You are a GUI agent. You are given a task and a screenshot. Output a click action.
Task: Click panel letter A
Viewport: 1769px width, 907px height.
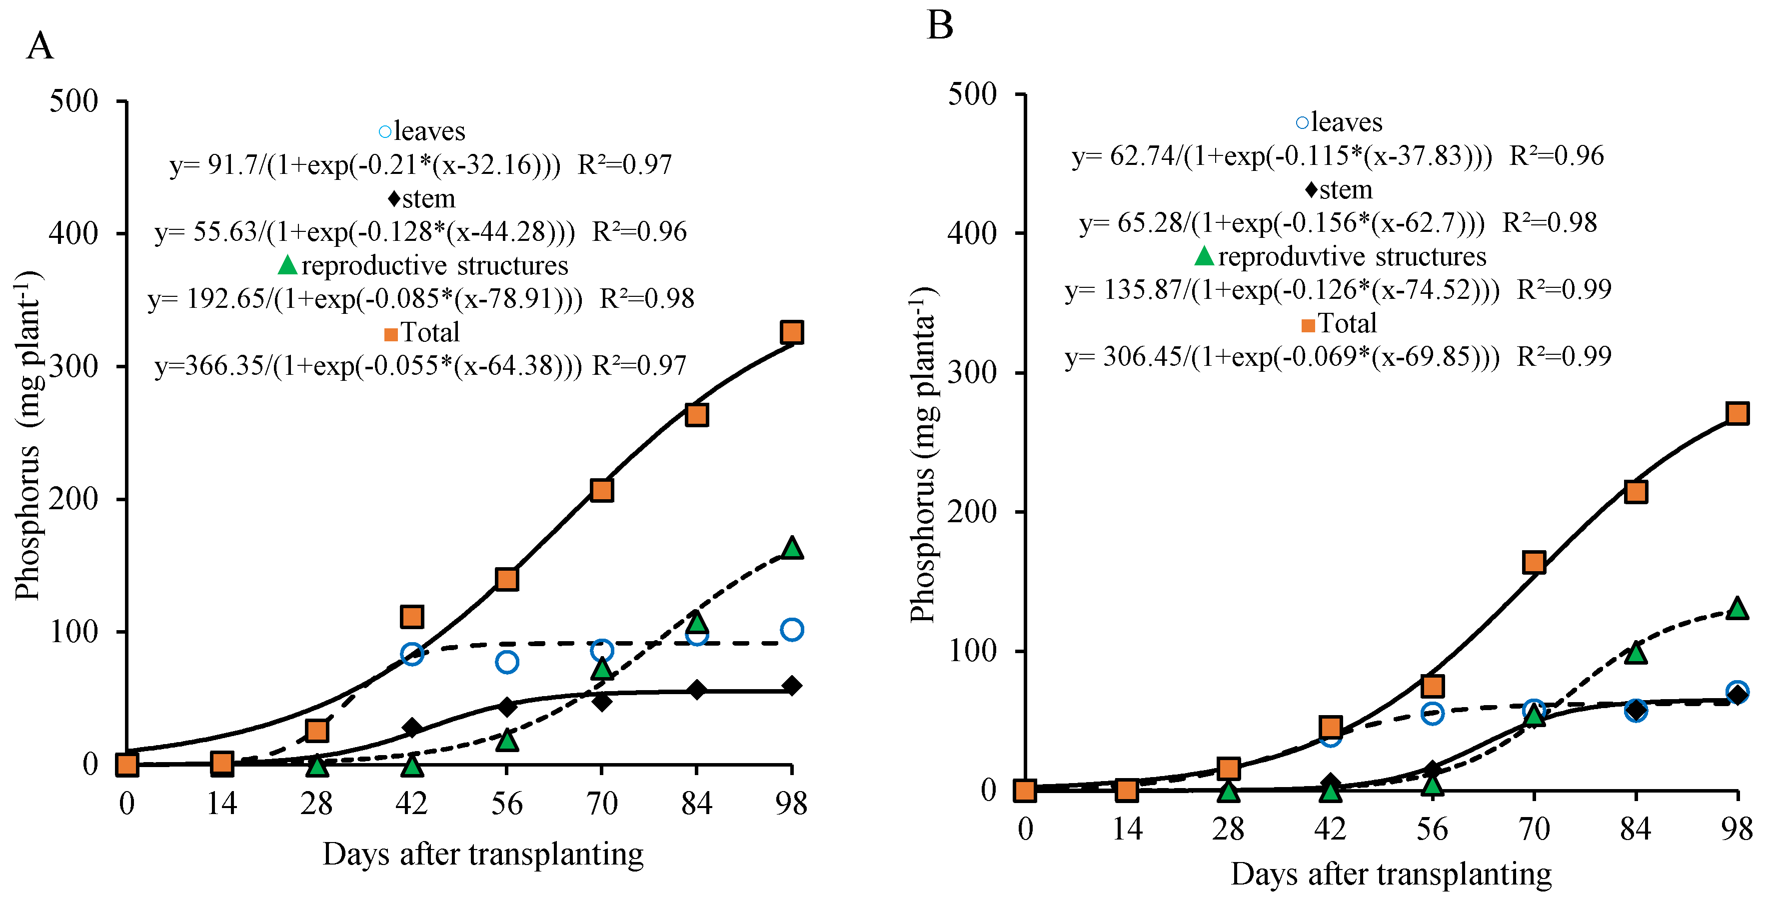(x=40, y=46)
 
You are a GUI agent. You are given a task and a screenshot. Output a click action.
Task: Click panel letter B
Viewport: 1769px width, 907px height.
(x=939, y=25)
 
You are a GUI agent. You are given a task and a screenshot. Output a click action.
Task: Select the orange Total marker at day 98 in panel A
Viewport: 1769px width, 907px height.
(x=791, y=332)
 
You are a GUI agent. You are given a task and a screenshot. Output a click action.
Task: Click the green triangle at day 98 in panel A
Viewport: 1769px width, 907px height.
(x=792, y=548)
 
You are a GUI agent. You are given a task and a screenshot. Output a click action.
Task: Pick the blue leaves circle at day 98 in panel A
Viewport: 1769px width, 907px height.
(x=792, y=629)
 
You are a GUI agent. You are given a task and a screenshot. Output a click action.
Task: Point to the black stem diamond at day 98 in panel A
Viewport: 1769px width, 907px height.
(x=791, y=685)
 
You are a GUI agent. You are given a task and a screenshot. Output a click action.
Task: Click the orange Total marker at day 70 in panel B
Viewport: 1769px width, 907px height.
(x=1534, y=562)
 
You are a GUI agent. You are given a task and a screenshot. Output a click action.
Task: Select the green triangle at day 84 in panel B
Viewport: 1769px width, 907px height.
(x=1636, y=652)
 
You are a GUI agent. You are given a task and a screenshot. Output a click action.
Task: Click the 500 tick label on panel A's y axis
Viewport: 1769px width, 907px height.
(x=73, y=101)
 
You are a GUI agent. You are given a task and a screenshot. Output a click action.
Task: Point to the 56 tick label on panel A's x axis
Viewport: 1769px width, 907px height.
(x=506, y=804)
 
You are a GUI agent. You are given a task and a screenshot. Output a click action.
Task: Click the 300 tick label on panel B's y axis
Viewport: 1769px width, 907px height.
(x=972, y=373)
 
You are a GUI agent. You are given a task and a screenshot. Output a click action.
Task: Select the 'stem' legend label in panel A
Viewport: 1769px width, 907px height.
(x=428, y=198)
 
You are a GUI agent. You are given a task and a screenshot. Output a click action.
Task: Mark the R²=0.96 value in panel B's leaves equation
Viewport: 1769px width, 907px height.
(x=1556, y=156)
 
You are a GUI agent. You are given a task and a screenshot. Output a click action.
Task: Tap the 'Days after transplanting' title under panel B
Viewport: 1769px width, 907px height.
(x=1391, y=874)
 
